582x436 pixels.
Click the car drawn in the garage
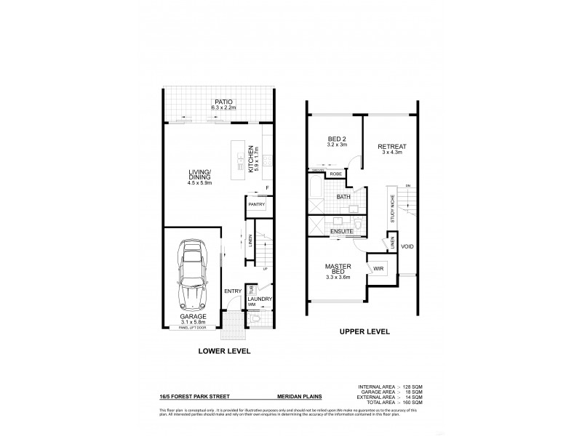coord(194,275)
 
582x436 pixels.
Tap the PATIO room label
coord(218,102)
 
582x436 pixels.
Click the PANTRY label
coord(256,205)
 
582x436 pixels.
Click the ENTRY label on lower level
coord(232,291)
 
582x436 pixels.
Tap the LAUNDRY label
coord(259,299)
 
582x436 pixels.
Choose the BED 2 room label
coord(336,140)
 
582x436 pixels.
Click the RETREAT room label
coord(391,147)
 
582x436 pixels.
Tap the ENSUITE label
coord(341,231)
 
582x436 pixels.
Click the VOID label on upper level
coord(407,247)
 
